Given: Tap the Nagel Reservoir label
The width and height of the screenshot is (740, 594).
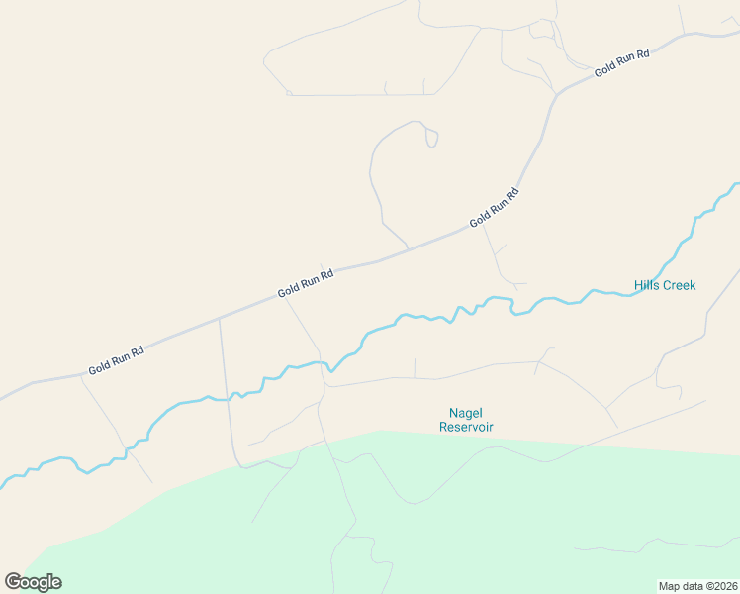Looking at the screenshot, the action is tap(465, 420).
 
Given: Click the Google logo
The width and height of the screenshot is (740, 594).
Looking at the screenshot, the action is tap(33, 582).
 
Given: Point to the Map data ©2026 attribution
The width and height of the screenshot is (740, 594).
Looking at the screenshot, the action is tap(697, 586).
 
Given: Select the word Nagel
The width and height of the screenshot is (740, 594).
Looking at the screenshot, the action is tap(465, 413).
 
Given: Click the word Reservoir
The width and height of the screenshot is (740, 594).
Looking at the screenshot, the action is tap(465, 428).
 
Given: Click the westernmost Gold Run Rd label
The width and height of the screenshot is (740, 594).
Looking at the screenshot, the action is tap(117, 358).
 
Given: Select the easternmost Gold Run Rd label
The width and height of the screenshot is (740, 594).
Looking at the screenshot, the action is tap(622, 62).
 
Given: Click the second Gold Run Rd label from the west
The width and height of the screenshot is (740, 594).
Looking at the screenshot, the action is tap(306, 282).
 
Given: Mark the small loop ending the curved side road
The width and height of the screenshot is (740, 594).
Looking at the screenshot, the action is tap(431, 138).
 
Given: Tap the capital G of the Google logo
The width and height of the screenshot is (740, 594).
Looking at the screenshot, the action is tap(14, 582).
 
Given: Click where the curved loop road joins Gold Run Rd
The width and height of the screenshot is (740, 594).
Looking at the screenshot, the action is tap(408, 247).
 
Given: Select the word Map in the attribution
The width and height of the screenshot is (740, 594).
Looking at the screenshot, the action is tap(670, 586).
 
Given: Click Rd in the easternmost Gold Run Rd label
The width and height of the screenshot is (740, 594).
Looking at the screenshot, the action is tap(643, 53).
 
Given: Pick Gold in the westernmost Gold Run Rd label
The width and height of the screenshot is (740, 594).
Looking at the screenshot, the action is tap(99, 365).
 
